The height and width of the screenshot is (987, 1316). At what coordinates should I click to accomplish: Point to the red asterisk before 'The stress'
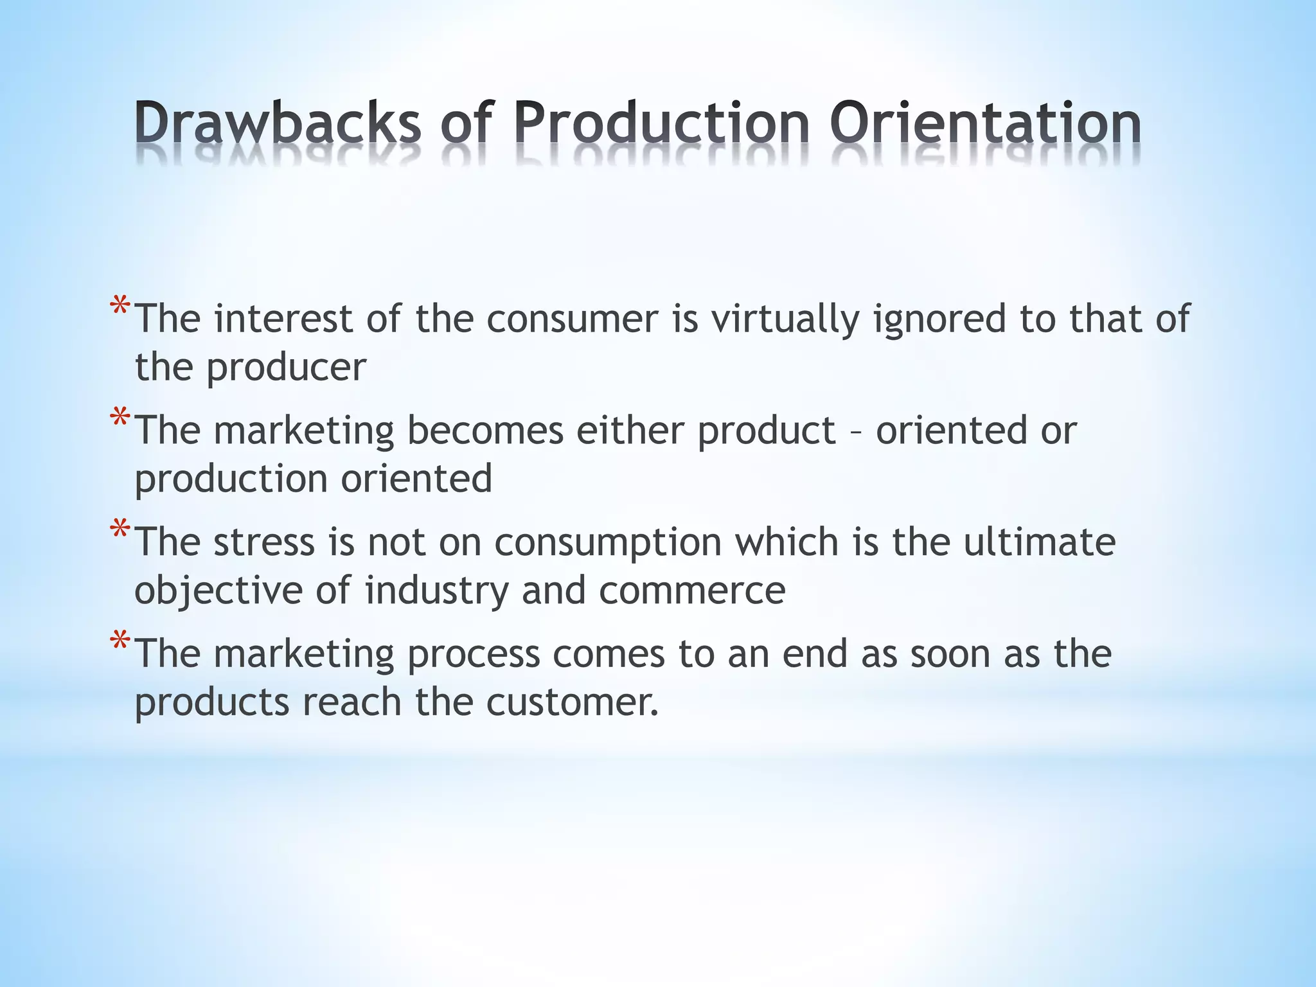[120, 531]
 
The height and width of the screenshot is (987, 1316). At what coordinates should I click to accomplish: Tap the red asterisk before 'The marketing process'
[120, 642]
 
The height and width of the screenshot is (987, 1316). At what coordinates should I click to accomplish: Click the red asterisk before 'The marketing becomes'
[120, 419]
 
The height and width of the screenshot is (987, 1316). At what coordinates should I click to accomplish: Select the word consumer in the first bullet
[573, 319]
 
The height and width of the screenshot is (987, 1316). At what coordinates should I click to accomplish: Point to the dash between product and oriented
[856, 431]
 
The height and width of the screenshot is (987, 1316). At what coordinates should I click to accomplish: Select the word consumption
[608, 543]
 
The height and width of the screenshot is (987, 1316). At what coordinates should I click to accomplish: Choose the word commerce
[692, 591]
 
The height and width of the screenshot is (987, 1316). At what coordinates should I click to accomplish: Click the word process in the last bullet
[474, 654]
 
